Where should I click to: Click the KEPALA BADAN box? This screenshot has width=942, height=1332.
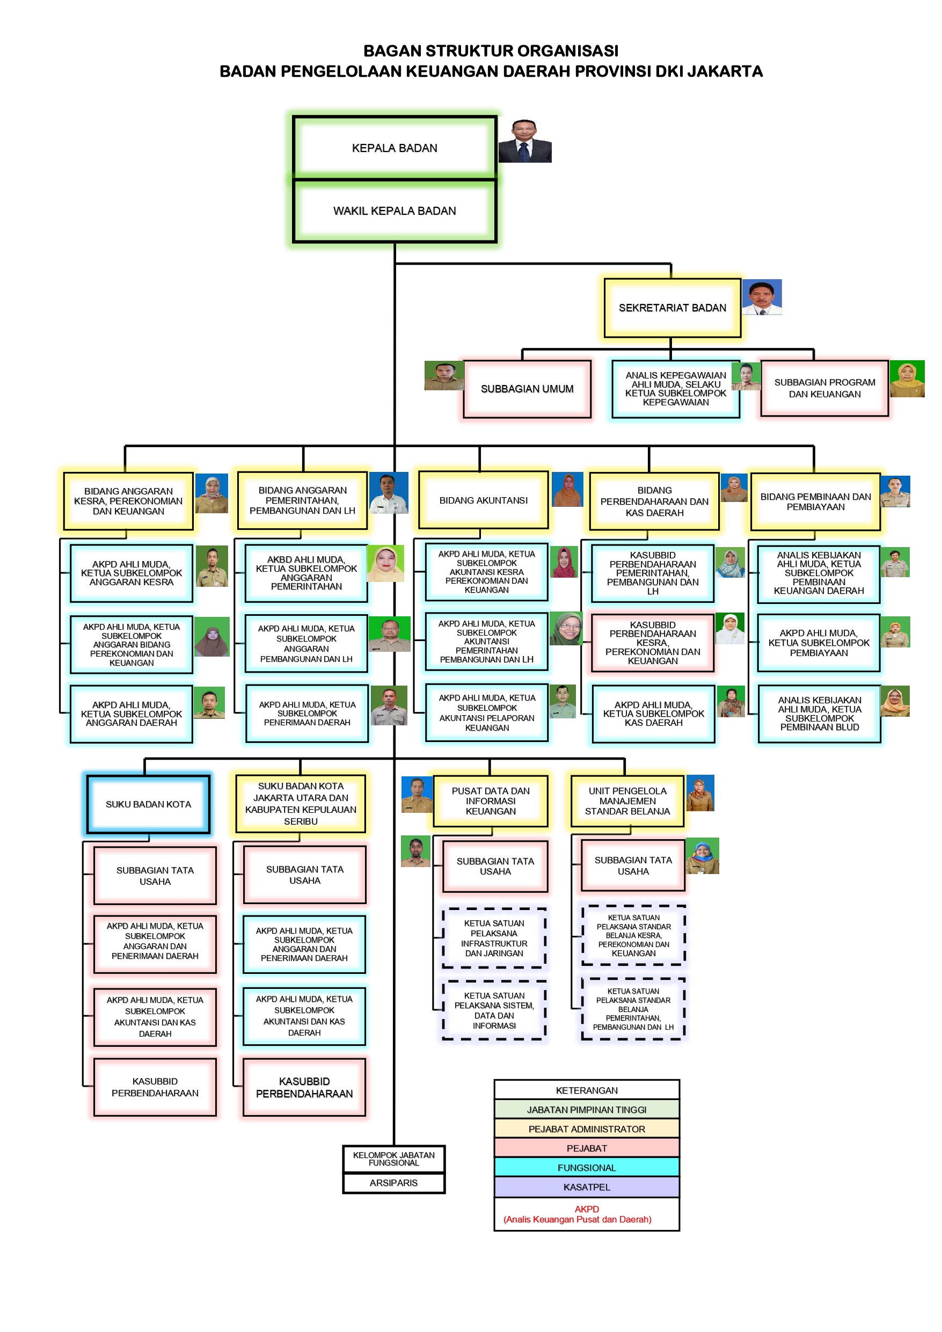click(x=395, y=148)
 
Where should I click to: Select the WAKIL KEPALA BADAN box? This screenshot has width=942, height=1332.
click(x=395, y=210)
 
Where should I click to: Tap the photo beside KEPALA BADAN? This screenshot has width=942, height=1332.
click(x=525, y=141)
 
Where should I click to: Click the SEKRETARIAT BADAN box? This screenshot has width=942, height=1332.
click(x=672, y=308)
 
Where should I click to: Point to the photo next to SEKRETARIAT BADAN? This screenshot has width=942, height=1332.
click(x=762, y=297)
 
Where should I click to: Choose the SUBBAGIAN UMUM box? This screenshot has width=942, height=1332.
click(x=527, y=389)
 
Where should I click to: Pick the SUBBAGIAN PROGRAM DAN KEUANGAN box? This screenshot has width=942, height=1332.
click(x=824, y=388)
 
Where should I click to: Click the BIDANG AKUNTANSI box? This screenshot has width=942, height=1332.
click(x=483, y=500)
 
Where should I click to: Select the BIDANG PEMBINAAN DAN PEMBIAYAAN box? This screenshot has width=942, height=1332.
click(x=815, y=502)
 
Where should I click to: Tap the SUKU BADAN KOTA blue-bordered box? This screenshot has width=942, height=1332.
click(x=148, y=804)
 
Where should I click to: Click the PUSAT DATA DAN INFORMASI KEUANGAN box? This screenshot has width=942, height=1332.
click(x=490, y=800)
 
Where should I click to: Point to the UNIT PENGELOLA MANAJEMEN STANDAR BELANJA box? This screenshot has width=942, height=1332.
click(x=627, y=800)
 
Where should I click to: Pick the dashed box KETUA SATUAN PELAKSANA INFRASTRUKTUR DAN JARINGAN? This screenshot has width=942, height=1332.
click(x=494, y=938)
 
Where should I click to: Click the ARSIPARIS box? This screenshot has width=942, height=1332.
click(x=393, y=1182)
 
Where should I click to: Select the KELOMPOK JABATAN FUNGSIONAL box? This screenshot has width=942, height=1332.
click(x=393, y=1159)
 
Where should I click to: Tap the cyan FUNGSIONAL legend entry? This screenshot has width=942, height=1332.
click(x=587, y=1167)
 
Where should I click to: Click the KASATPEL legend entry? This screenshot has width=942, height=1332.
click(x=587, y=1187)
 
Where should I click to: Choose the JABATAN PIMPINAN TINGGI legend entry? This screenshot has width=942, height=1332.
click(x=587, y=1109)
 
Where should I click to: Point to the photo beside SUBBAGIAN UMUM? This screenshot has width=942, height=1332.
click(x=444, y=375)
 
